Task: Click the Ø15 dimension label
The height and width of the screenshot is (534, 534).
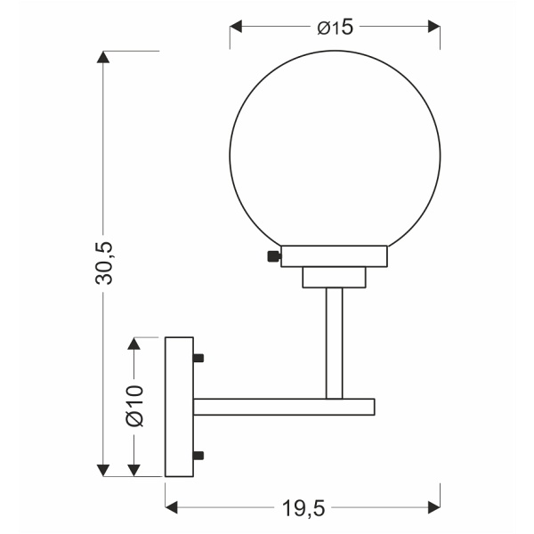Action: (336, 28)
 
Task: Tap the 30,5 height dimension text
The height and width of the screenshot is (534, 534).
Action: (103, 263)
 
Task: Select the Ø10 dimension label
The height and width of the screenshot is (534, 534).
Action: (135, 406)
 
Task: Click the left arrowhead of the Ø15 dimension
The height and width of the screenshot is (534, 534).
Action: (236, 26)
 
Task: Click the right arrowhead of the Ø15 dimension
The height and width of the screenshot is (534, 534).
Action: (434, 26)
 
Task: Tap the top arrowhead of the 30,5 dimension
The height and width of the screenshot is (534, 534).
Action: (103, 57)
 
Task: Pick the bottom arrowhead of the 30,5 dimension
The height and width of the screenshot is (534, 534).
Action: (103, 470)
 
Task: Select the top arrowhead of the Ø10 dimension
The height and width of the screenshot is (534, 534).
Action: (134, 344)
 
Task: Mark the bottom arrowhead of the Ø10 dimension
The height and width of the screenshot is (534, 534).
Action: (134, 470)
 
